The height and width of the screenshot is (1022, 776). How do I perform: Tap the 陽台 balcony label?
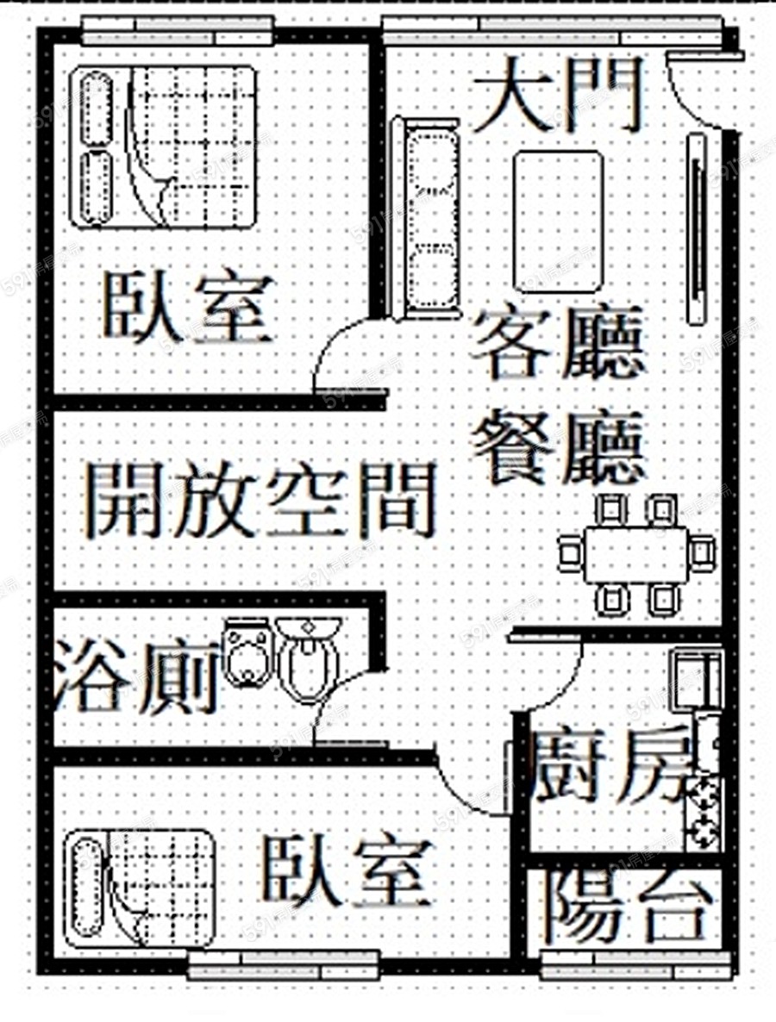tap(630, 908)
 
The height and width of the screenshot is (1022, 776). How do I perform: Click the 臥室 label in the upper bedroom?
tap(189, 307)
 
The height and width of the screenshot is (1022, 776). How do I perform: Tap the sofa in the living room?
tap(426, 219)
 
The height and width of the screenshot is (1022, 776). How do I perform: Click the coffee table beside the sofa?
tap(558, 221)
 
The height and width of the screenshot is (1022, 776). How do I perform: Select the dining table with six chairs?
tap(637, 552)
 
